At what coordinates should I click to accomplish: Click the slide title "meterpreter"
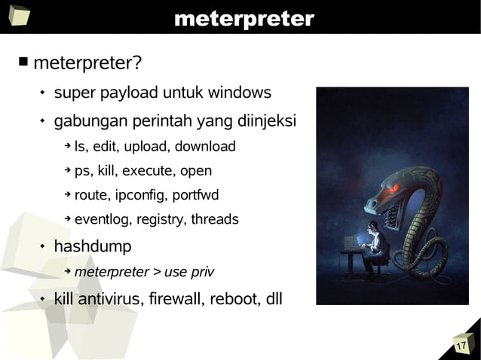[x=244, y=18]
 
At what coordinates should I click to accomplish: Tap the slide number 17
[x=461, y=346]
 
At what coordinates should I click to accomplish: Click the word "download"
[x=206, y=146]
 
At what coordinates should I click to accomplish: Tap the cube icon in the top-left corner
[x=18, y=16]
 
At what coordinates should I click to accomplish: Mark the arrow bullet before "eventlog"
[x=66, y=219]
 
